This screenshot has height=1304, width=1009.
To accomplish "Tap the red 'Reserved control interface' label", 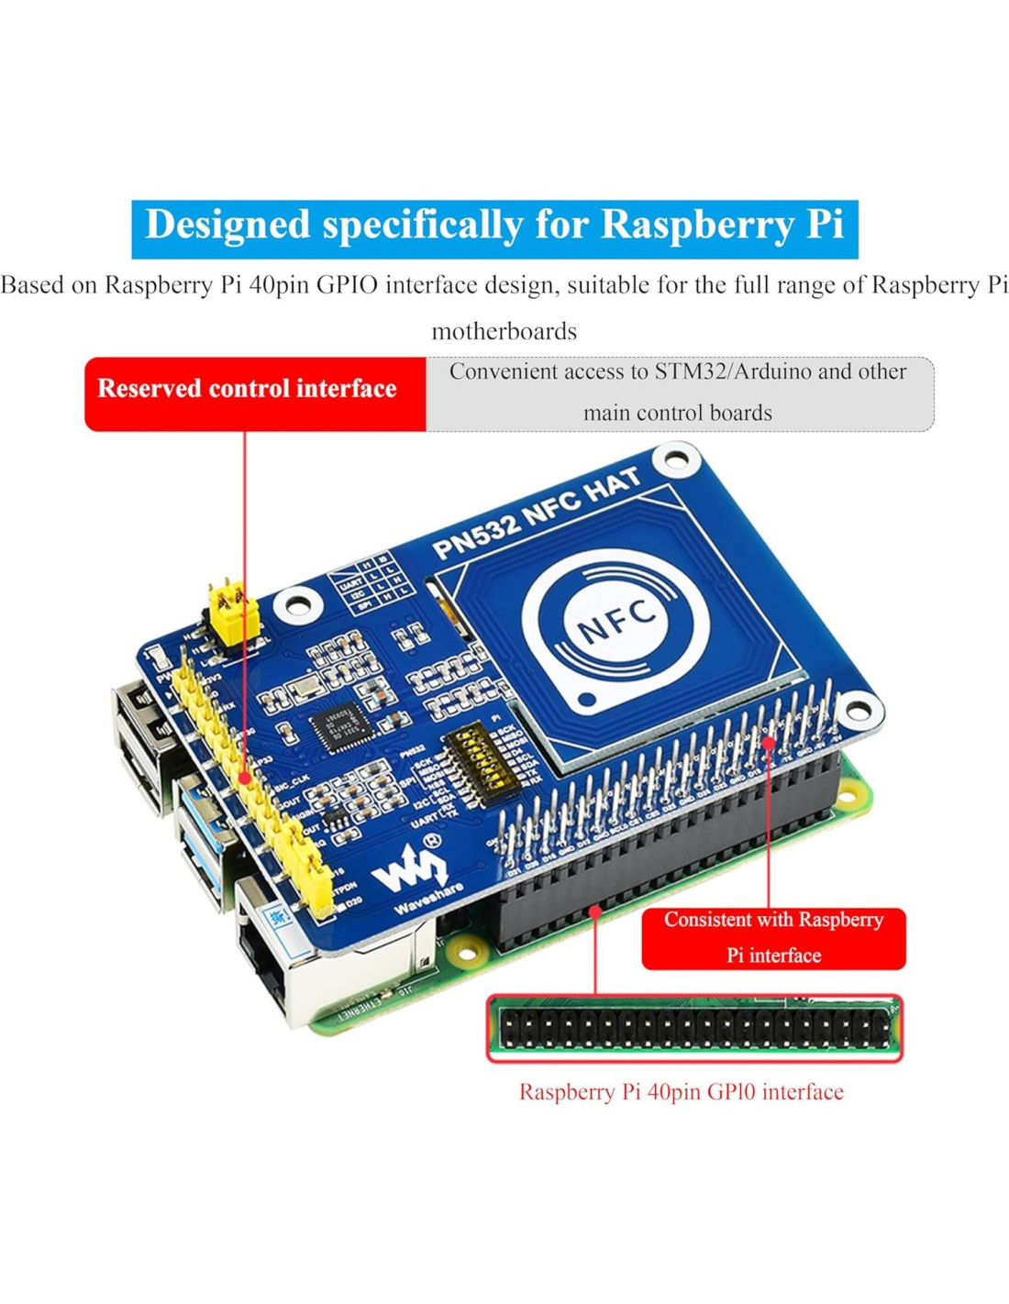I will coord(247,389).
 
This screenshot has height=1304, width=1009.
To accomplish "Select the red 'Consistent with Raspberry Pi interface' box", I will coord(773,937).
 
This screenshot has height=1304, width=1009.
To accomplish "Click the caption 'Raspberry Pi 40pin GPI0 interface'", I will coord(681,1091).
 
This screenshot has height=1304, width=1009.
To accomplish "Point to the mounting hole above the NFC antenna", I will coord(677,456).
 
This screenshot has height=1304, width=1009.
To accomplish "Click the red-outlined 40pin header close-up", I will coord(694,1028).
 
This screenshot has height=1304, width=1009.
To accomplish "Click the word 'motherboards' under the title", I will coord(504,331).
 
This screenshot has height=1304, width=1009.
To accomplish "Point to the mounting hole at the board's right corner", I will coord(858,711).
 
